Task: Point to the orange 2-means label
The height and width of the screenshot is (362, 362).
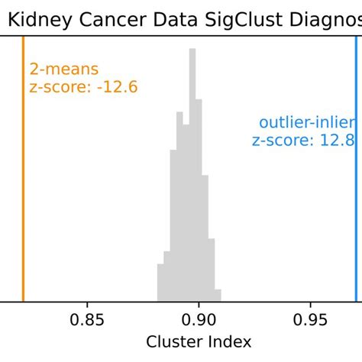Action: tap(64, 69)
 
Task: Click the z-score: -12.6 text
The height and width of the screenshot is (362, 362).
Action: tap(83, 87)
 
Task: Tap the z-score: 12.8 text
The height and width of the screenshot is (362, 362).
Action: tap(303, 140)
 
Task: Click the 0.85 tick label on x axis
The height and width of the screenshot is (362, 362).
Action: tap(87, 319)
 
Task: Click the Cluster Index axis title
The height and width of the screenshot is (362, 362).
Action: tap(198, 341)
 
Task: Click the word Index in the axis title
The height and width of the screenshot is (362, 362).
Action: tap(231, 341)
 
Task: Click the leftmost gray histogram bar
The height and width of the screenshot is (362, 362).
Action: tap(160, 283)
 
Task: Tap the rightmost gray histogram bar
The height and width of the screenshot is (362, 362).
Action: tap(218, 296)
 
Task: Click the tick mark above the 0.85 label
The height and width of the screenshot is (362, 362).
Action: tap(87, 305)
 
